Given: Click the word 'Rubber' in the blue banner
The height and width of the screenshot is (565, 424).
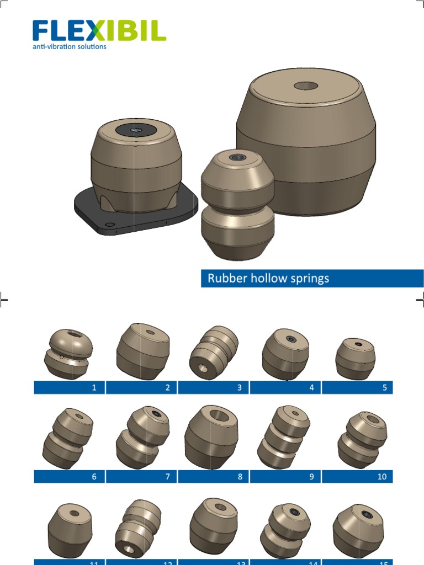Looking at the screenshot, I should [x=225, y=278].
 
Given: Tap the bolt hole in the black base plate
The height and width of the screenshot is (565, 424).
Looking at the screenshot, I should [x=109, y=225].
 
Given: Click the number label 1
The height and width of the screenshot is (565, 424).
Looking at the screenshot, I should [x=94, y=387].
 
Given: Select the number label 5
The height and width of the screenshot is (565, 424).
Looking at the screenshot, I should [x=384, y=387].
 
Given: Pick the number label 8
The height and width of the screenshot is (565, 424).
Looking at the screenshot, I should [x=240, y=476].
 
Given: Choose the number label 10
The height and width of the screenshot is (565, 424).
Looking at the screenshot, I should [x=382, y=476].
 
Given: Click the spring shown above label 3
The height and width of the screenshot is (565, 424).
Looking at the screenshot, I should [x=214, y=351].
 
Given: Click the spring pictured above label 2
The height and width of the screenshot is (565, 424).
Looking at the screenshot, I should [x=143, y=351].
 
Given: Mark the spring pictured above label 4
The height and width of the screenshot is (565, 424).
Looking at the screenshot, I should [x=284, y=354].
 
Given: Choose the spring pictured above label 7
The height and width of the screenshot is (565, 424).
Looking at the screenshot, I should [x=142, y=437].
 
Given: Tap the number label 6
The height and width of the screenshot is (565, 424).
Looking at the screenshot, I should [x=94, y=476].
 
